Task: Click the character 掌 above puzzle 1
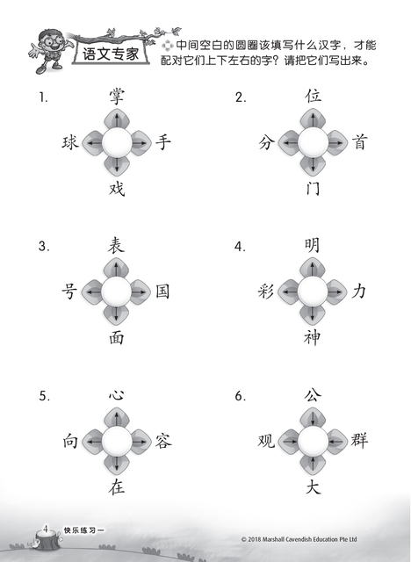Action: pyautogui.click(x=117, y=97)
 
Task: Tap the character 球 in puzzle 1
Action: pyautogui.click(x=70, y=142)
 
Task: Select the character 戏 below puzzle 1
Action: pyautogui.click(x=117, y=189)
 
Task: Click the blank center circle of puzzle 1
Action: pyautogui.click(x=117, y=143)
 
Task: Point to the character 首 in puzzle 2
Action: pyautogui.click(x=359, y=142)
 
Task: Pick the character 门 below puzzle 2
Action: pyautogui.click(x=313, y=188)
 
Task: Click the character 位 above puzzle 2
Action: pyautogui.click(x=313, y=96)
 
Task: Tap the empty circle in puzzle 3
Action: pyautogui.click(x=116, y=292)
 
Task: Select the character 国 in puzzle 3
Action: pyautogui.click(x=162, y=291)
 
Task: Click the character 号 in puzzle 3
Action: pyautogui.click(x=69, y=291)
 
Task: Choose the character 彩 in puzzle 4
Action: pyautogui.click(x=266, y=291)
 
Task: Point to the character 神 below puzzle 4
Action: pyautogui.click(x=312, y=337)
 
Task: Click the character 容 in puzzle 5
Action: pyautogui.click(x=163, y=441)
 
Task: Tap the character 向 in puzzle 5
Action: pyautogui.click(x=70, y=441)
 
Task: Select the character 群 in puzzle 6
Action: pyautogui.click(x=359, y=440)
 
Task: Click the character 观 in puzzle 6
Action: pyautogui.click(x=266, y=441)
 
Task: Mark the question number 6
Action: pyautogui.click(x=240, y=396)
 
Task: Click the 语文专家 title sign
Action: pyautogui.click(x=111, y=54)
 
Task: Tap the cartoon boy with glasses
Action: pyautogui.click(x=50, y=51)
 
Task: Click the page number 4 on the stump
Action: pyautogui.click(x=46, y=529)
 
